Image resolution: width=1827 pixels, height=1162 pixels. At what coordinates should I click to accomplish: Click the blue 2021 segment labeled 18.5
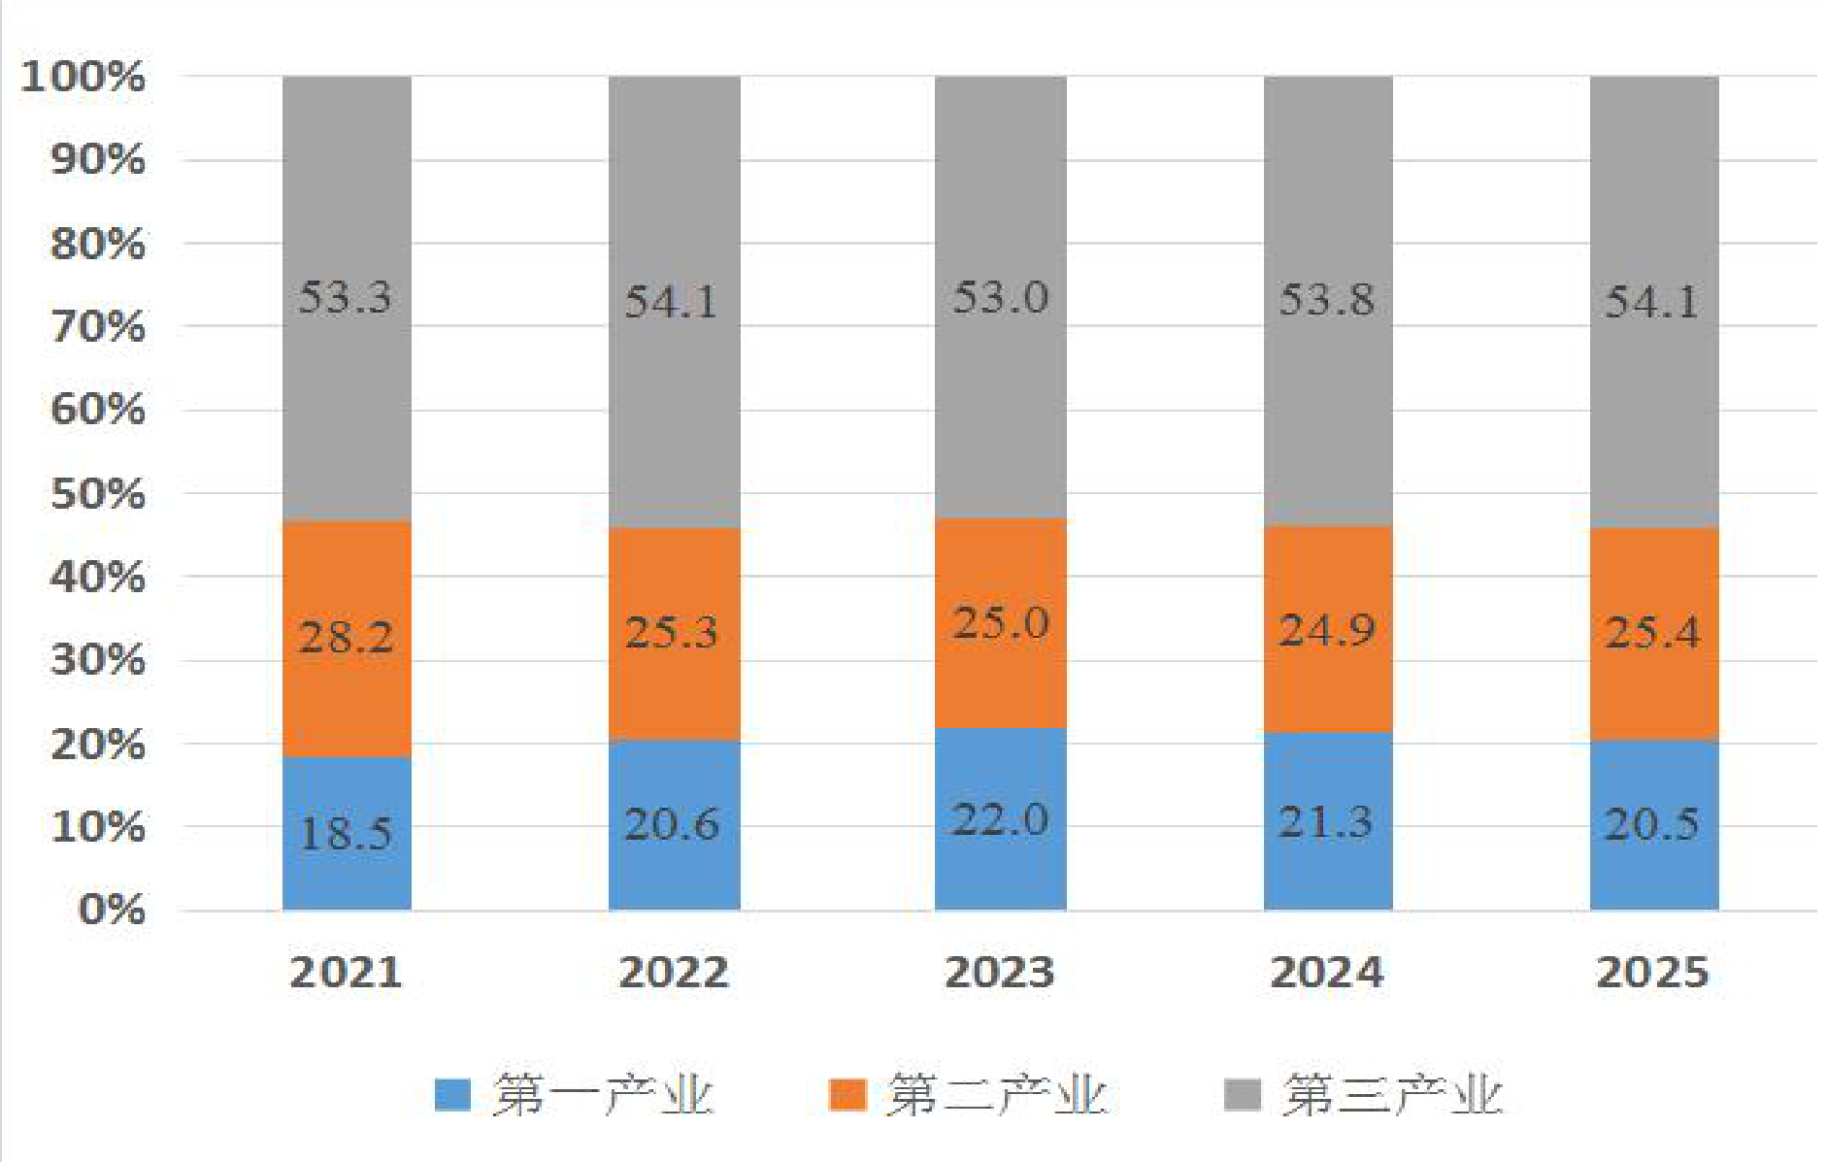[x=347, y=833]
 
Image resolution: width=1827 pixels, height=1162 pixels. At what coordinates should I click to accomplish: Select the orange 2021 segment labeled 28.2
[x=347, y=639]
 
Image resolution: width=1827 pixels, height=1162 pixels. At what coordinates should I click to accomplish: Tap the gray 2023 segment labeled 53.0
[x=1000, y=297]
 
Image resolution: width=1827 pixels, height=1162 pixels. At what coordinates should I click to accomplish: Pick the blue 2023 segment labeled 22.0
[x=1000, y=818]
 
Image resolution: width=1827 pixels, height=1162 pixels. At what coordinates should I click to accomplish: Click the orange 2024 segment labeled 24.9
[x=1327, y=629]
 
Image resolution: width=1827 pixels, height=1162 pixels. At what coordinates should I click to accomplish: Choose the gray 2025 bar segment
[x=1653, y=301]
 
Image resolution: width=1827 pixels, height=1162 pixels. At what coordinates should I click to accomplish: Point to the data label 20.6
[x=672, y=824]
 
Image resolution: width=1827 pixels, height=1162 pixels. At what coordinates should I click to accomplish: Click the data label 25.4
[x=1652, y=633]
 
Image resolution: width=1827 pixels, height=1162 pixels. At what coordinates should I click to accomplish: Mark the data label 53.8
[x=1326, y=299]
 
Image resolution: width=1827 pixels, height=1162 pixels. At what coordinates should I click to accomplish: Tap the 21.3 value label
[x=1326, y=822]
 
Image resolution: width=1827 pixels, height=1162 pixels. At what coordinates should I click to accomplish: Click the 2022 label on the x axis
[x=674, y=973]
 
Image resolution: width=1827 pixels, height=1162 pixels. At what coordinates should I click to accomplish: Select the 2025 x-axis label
[x=1652, y=973]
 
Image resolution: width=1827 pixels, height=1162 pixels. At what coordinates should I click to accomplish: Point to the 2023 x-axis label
[x=1000, y=973]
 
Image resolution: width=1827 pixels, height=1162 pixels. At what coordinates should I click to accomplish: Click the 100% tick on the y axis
[x=83, y=77]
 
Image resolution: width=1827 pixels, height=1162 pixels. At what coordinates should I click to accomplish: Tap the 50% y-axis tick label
[x=98, y=494]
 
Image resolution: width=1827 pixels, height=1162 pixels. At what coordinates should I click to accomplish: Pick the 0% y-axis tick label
[x=113, y=911]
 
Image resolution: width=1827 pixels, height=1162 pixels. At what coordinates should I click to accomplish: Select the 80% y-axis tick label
[x=98, y=244]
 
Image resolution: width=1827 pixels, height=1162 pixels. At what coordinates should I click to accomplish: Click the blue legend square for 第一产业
[x=452, y=1095]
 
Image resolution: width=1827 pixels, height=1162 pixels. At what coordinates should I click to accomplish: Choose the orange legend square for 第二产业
[x=847, y=1095]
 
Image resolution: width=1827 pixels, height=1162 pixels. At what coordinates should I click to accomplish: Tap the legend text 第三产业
[x=1393, y=1096]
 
